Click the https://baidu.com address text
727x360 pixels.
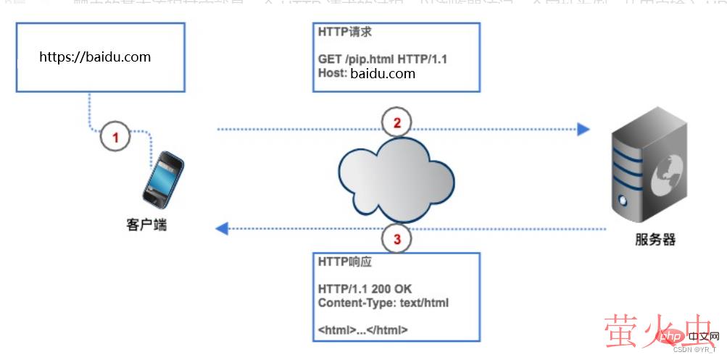point(95,56)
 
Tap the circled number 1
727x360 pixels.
point(115,135)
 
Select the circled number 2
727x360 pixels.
point(396,122)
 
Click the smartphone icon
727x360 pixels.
point(161,178)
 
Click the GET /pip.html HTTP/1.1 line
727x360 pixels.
point(382,59)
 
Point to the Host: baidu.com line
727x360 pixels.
point(366,73)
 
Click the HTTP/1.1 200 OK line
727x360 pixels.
point(365,289)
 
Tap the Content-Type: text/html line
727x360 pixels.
point(383,302)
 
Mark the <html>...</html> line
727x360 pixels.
point(362,330)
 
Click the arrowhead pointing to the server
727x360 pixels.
point(583,130)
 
